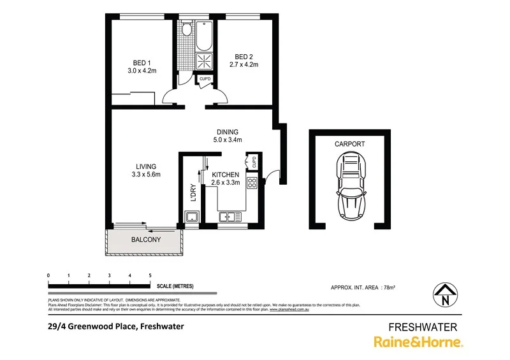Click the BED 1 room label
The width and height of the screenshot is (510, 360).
tap(142, 62)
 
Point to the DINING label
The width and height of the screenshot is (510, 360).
tap(226, 132)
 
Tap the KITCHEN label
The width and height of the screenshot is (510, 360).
tap(225, 175)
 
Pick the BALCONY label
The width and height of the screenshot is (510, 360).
tap(145, 240)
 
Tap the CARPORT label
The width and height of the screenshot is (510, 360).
tap(350, 144)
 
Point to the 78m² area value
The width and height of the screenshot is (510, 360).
tap(388, 288)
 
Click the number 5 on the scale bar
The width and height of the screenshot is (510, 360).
tap(150, 275)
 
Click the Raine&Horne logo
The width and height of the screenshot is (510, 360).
tap(418, 342)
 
